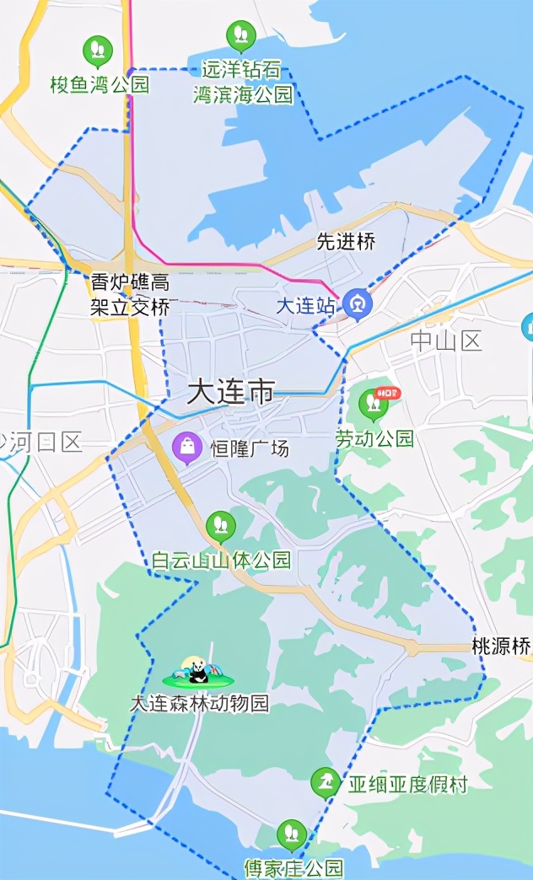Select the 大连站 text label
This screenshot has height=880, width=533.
pyautogui.click(x=305, y=306)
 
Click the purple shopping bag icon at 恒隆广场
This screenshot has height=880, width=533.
pyautogui.click(x=186, y=448)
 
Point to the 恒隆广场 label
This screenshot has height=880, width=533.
pyautogui.click(x=249, y=448)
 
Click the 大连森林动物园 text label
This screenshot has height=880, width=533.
pyautogui.click(x=199, y=703)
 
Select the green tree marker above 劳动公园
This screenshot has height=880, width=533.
pyautogui.click(x=373, y=405)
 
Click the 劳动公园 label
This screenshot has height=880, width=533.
pyautogui.click(x=375, y=438)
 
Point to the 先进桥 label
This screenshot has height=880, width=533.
pyautogui.click(x=346, y=242)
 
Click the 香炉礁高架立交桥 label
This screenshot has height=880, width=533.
pyautogui.click(x=130, y=294)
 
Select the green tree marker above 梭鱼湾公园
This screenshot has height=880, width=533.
pyautogui.click(x=98, y=50)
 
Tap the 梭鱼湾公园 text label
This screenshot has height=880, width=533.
pyautogui.click(x=100, y=84)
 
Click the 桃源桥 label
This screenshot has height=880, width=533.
pyautogui.click(x=501, y=647)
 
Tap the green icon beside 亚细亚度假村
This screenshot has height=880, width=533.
pyautogui.click(x=326, y=783)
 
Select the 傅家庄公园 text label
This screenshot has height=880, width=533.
pyautogui.click(x=293, y=867)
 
